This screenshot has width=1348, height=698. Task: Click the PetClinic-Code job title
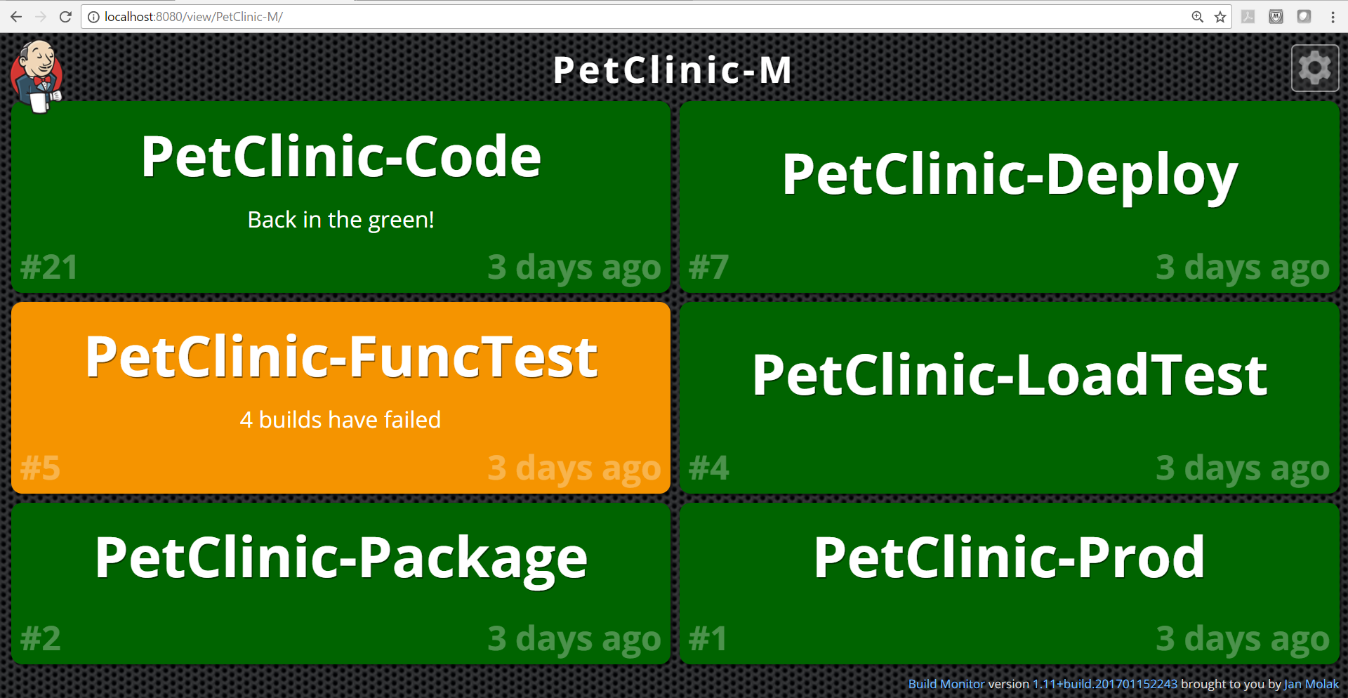point(341,157)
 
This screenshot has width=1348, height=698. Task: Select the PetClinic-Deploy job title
point(1010,176)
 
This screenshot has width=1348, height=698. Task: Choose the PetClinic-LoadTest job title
point(1010,375)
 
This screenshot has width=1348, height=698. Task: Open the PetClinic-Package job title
point(341,559)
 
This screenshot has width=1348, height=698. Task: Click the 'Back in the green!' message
point(341,220)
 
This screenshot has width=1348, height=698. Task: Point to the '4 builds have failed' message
point(341,420)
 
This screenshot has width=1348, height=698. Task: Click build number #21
point(48,268)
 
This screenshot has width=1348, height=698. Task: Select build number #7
point(708,268)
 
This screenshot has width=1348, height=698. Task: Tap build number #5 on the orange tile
point(40,468)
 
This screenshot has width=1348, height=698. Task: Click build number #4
point(708,468)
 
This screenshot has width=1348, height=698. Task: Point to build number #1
point(708,639)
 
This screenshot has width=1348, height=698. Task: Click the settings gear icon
point(1315,68)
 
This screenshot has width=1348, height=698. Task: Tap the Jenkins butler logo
point(37,76)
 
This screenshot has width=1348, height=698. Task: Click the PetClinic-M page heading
point(673,70)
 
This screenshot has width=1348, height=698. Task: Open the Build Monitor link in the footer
point(946,684)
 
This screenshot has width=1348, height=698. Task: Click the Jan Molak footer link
point(1311,684)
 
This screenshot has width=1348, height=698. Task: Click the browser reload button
point(65,17)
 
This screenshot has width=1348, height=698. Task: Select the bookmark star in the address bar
point(1220,17)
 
